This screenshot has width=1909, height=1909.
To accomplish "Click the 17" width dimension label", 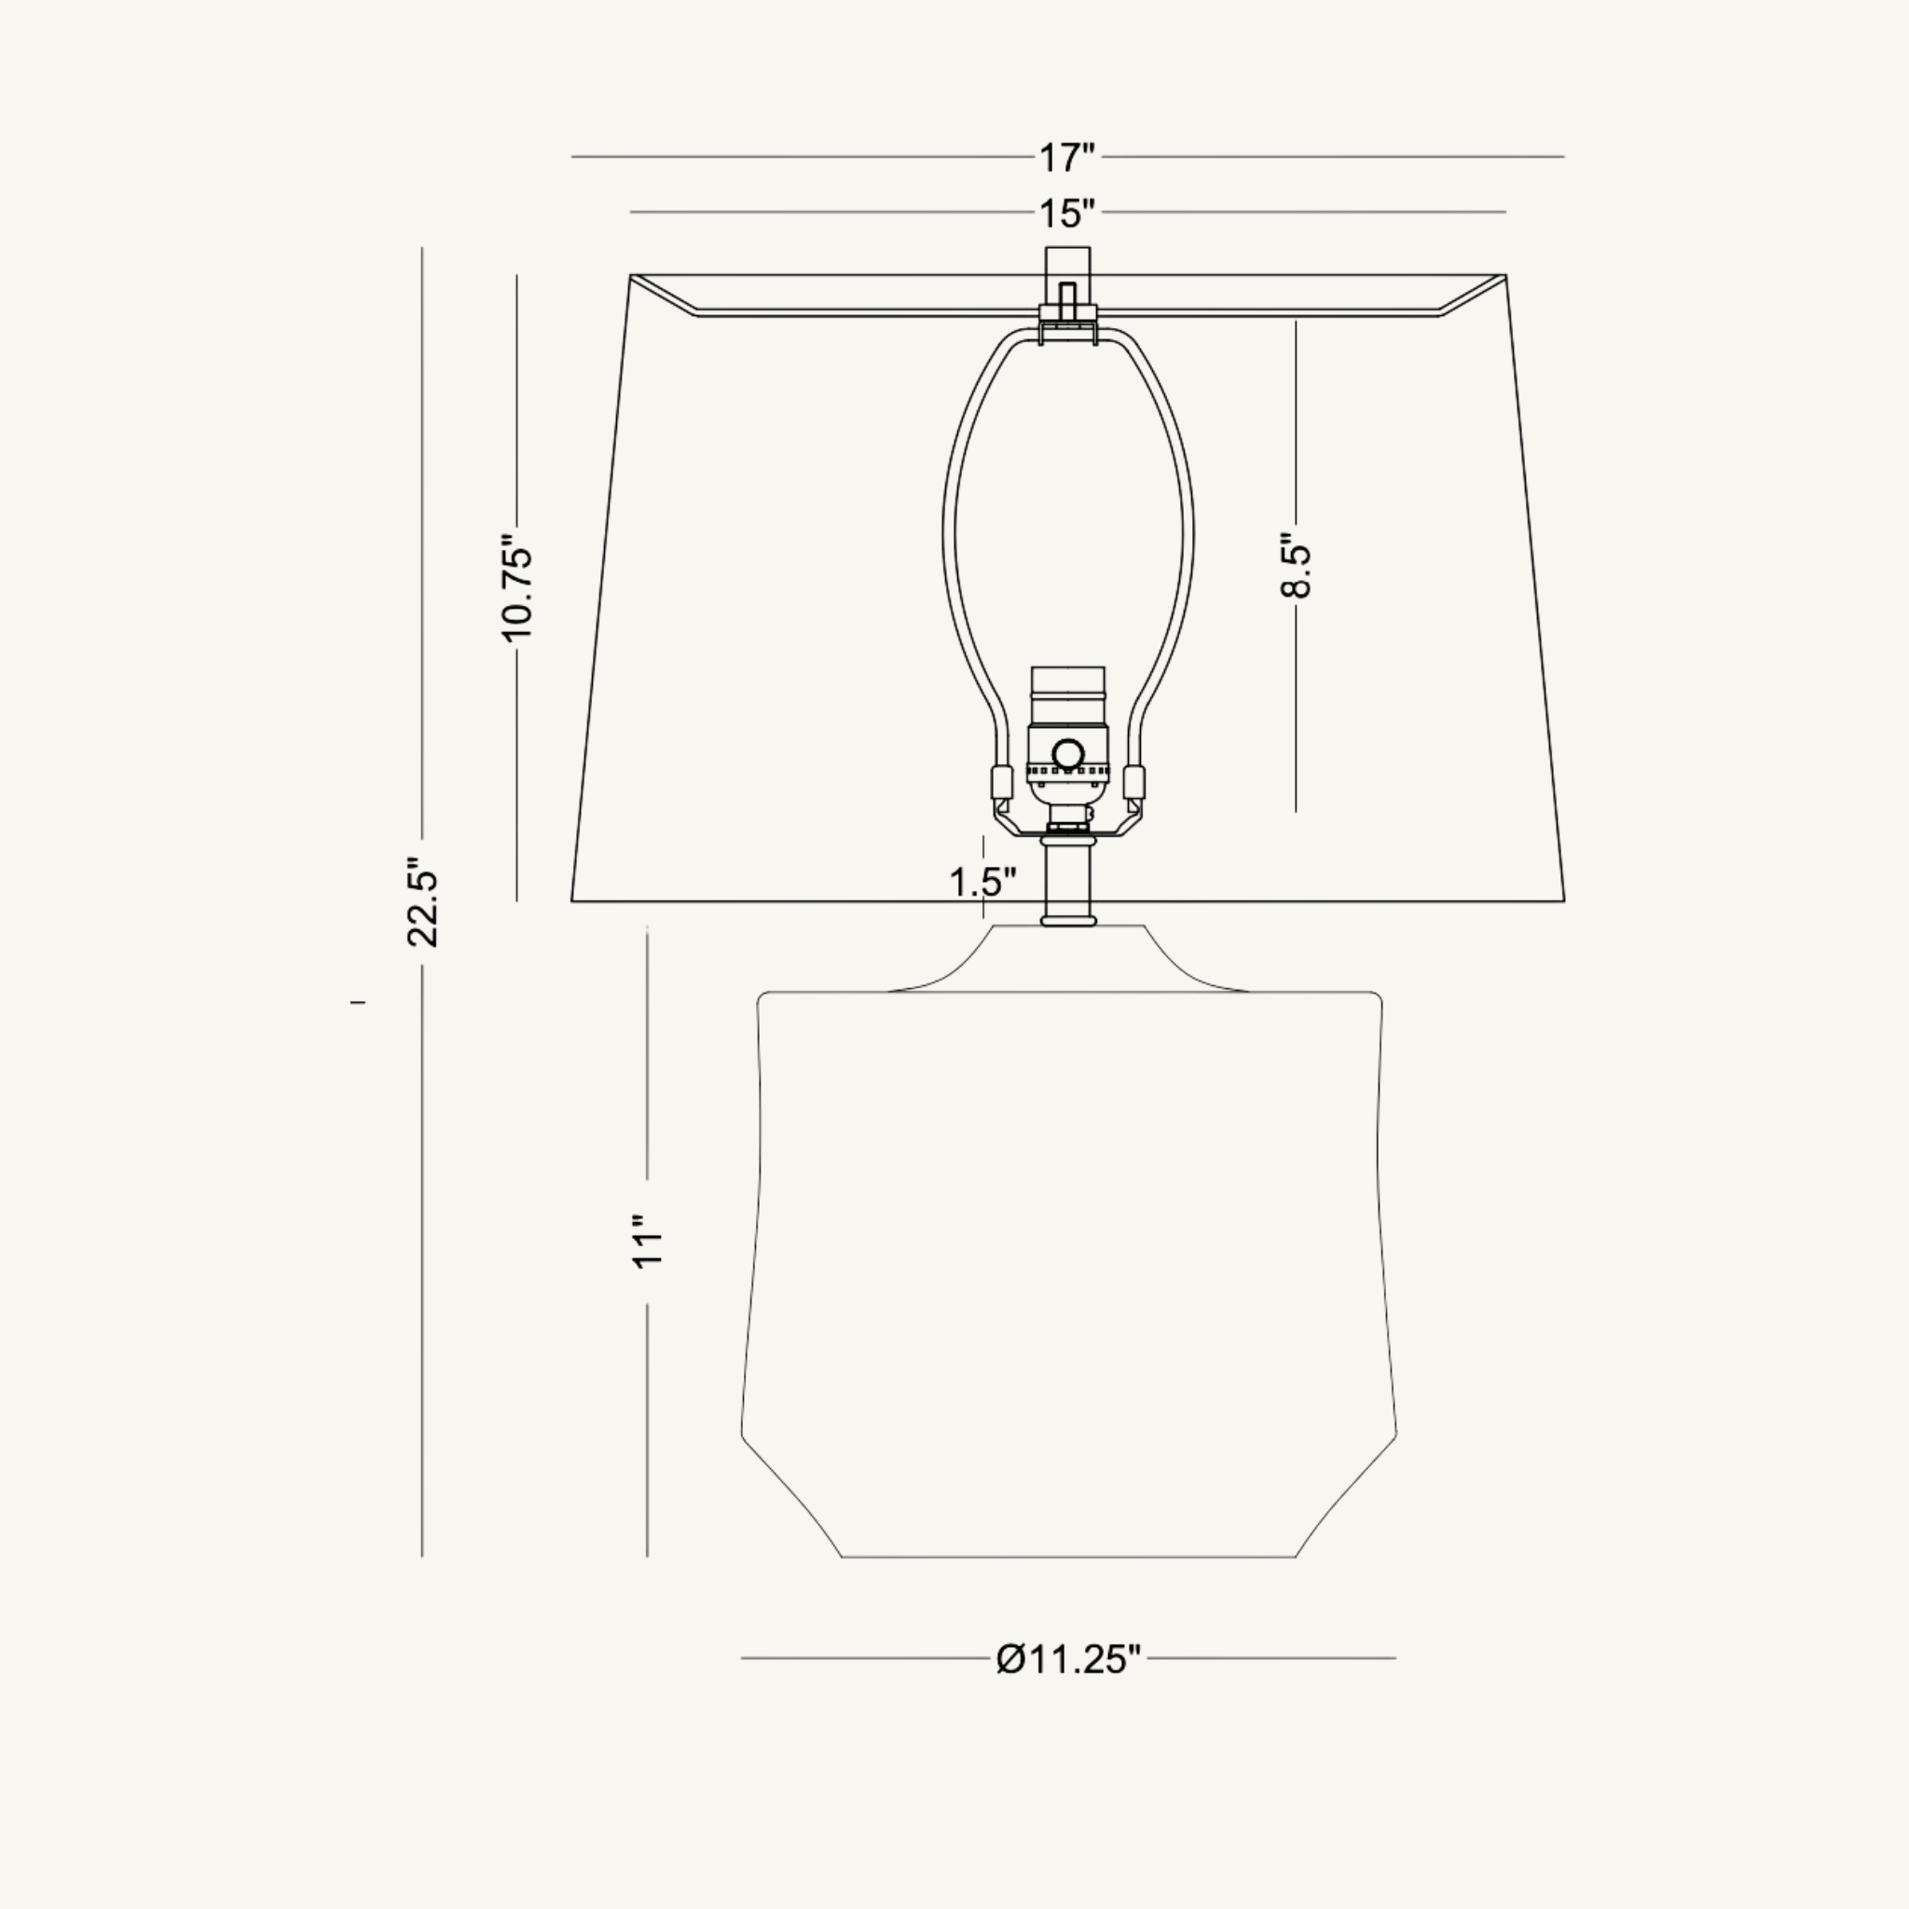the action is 1066,158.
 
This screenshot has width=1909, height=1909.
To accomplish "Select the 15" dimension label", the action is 1066,213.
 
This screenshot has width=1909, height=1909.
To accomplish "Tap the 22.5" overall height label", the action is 422,902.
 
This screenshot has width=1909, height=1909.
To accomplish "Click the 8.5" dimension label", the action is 1296,565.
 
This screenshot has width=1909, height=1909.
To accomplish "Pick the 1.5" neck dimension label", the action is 982,882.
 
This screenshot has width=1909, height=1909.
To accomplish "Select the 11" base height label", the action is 647,1241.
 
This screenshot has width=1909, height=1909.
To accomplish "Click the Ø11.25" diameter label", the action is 1068,1659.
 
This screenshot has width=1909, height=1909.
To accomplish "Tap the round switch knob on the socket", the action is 1068,755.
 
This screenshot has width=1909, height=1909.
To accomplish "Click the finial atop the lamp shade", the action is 1068,282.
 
